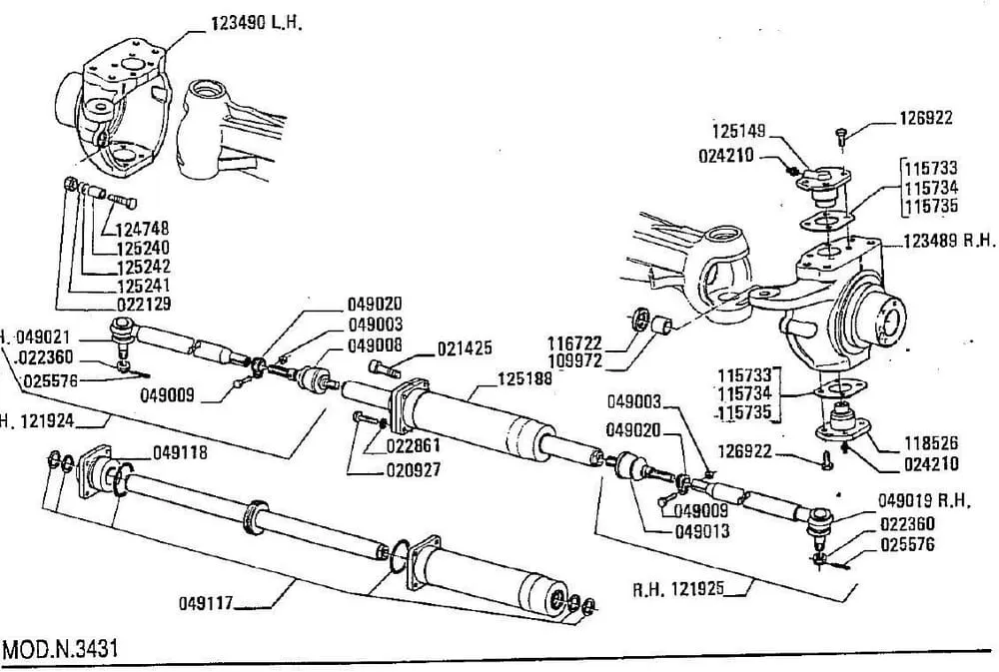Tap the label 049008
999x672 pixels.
pyautogui.click(x=375, y=344)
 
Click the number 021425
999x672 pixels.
pyautogui.click(x=465, y=348)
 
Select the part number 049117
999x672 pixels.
pyautogui.click(x=207, y=602)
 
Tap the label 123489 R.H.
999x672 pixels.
pyautogui.click(x=949, y=240)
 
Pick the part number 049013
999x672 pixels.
pyautogui.click(x=700, y=530)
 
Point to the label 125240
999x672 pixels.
pyautogui.click(x=142, y=248)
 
